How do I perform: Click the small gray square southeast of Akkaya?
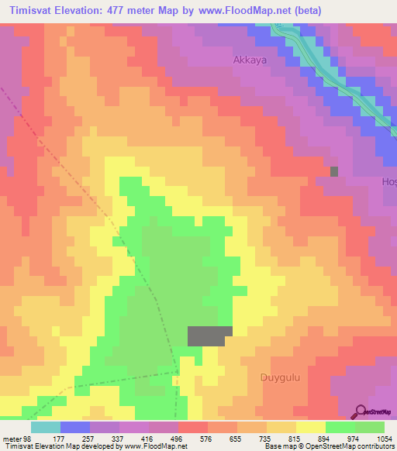point(334,171)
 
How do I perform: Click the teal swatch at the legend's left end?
point(45,427)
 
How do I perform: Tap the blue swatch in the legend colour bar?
point(75,427)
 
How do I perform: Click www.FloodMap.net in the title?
point(236,11)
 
